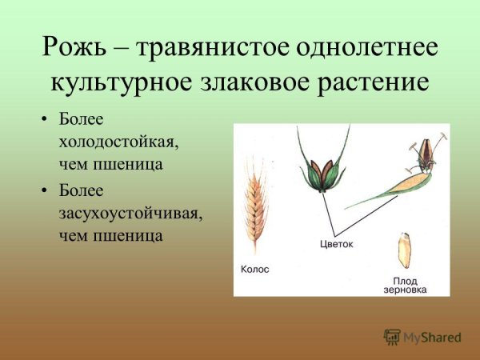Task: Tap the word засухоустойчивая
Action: [x=130, y=214]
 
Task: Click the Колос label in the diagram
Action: [x=255, y=270]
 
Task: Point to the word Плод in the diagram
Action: [x=405, y=280]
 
